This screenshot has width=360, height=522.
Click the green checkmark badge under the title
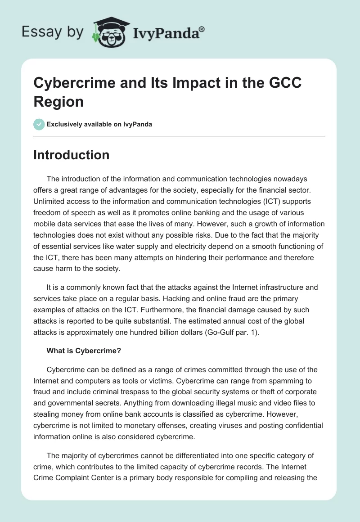pos(39,124)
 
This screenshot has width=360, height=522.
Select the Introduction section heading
pos(72,155)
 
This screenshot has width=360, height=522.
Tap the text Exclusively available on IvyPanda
pos(99,124)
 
